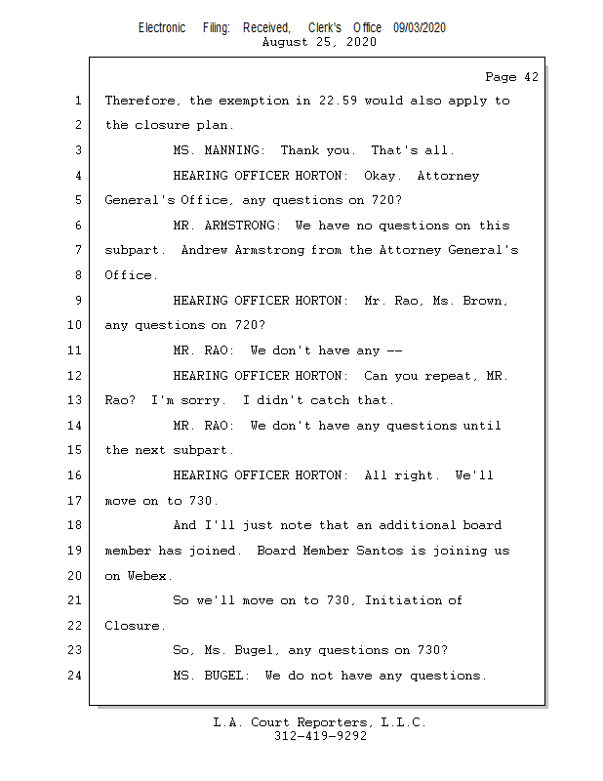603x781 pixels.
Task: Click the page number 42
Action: click(x=531, y=77)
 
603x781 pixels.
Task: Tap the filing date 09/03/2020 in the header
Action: click(x=420, y=28)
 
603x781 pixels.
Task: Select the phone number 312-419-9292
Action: click(x=320, y=736)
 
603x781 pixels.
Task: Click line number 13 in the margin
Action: click(x=75, y=400)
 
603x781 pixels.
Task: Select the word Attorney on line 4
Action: click(x=448, y=176)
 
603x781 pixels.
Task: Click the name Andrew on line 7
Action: click(x=204, y=250)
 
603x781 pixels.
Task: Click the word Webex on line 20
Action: click(x=147, y=576)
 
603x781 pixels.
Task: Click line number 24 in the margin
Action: click(x=75, y=676)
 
